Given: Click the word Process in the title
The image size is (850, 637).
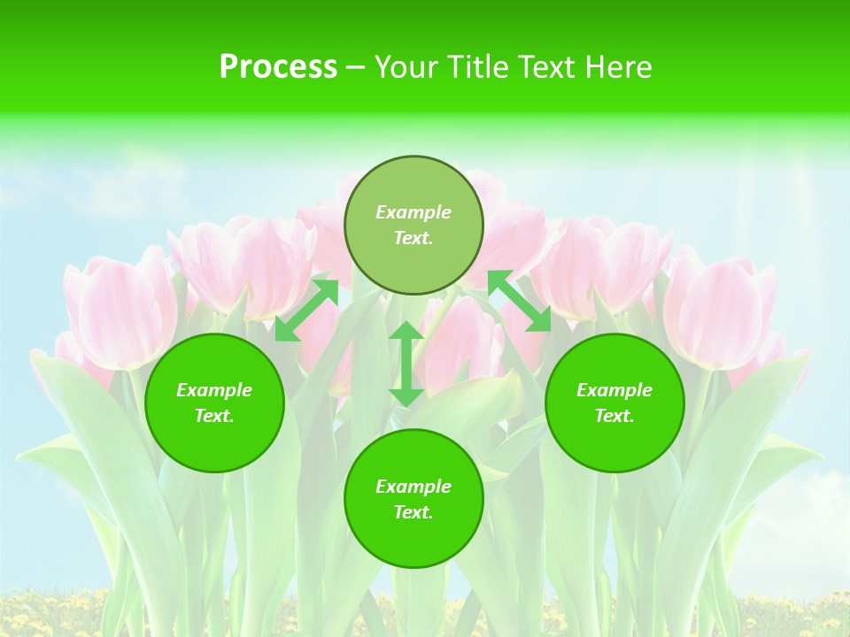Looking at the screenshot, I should [x=278, y=67].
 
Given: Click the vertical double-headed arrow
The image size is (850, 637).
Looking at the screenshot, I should [x=406, y=364].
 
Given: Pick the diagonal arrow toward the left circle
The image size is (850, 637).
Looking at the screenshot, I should [x=306, y=310].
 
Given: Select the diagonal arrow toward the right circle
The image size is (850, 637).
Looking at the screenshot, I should [x=520, y=301].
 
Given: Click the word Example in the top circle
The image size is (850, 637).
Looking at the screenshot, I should [x=413, y=212].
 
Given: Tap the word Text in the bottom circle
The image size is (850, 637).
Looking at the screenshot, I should [x=413, y=512].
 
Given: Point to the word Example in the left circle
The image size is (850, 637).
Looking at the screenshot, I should [x=214, y=390].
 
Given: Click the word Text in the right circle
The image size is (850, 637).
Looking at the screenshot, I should [x=614, y=416].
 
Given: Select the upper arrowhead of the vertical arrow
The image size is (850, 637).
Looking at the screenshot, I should [x=406, y=332].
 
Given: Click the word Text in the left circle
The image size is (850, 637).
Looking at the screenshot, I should [x=214, y=416].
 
